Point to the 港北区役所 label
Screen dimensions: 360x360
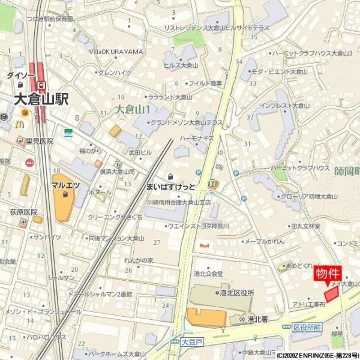(x=235, y=293)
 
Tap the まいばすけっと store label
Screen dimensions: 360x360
(x=170, y=187)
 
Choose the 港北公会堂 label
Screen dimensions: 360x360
(x=208, y=273)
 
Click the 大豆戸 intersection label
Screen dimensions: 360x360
(x=189, y=342)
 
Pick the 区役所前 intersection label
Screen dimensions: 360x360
(x=307, y=327)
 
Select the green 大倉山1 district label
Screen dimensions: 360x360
(x=133, y=110)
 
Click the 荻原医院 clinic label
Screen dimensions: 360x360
(x=23, y=212)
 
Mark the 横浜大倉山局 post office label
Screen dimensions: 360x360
(x=118, y=172)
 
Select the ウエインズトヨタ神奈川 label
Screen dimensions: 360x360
(x=198, y=226)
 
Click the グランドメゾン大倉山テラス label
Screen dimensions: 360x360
(x=186, y=122)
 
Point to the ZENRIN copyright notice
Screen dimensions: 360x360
(x=309, y=355)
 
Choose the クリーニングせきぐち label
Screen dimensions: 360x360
(x=115, y=217)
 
